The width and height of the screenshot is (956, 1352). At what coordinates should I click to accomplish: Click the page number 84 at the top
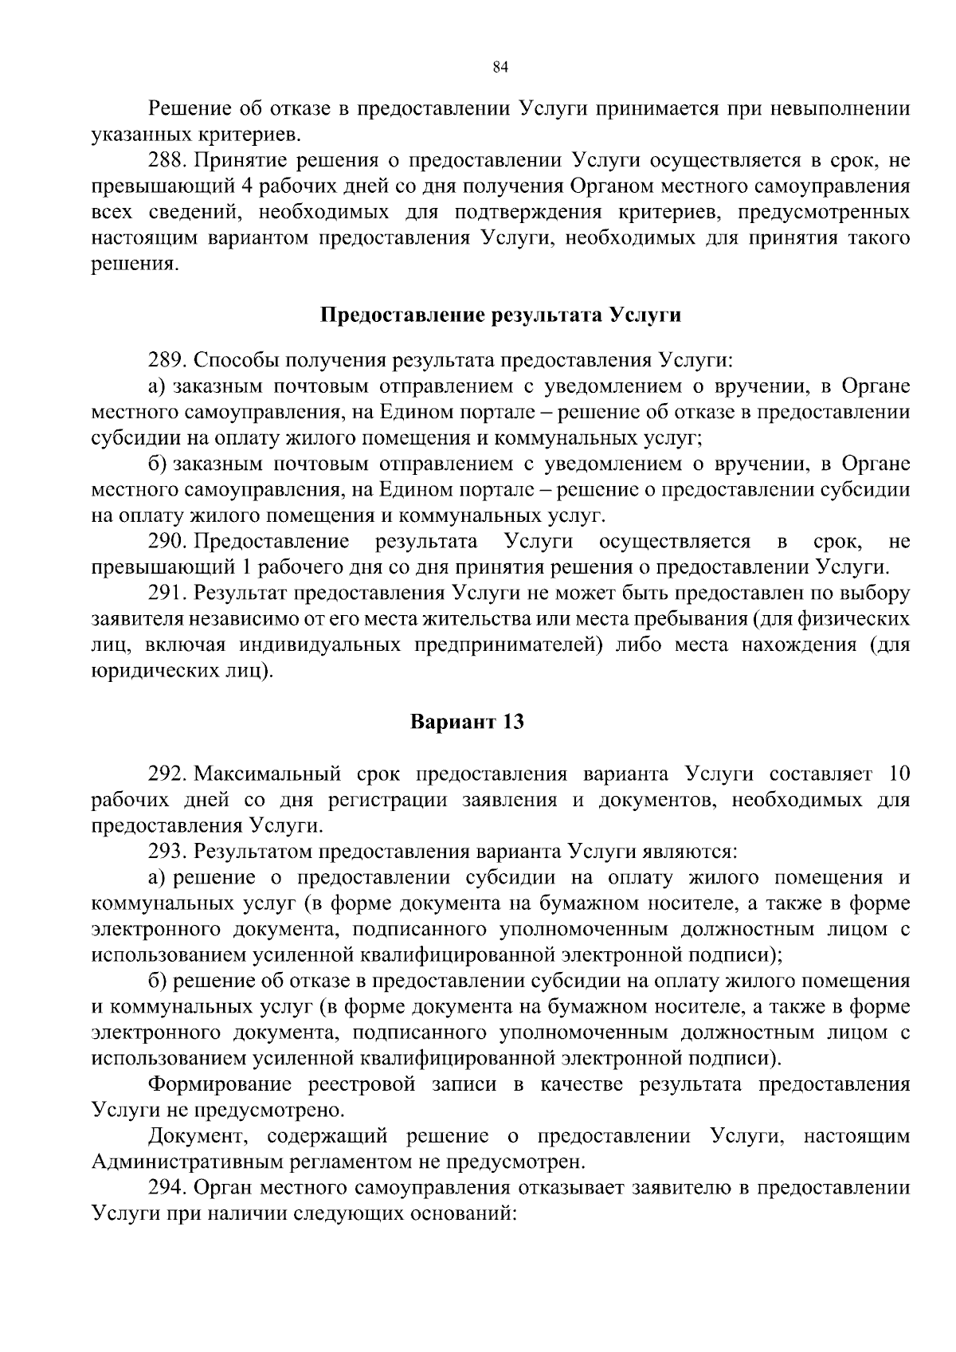(500, 68)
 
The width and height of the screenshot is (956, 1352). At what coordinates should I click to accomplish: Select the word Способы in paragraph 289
(231, 360)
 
